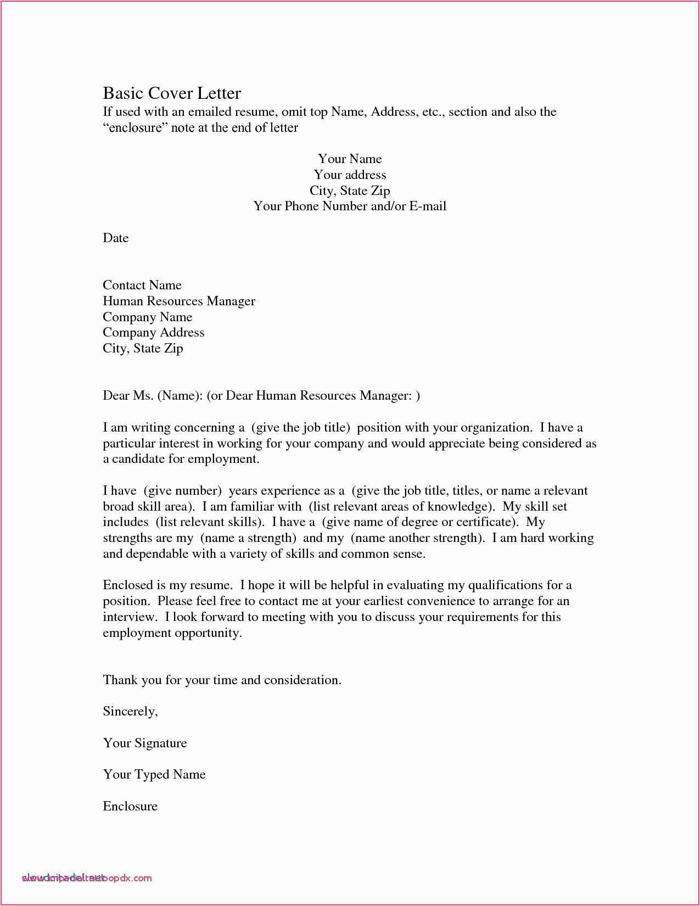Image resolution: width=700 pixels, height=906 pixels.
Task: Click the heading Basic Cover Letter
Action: tap(172, 93)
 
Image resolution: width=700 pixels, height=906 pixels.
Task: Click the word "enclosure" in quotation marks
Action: tap(135, 128)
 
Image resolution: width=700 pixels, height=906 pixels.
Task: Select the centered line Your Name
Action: tap(350, 159)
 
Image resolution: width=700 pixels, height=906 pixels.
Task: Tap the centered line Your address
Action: tap(350, 175)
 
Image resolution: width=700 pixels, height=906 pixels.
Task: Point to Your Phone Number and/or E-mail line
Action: tap(350, 206)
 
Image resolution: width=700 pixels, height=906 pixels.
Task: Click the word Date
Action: tap(115, 238)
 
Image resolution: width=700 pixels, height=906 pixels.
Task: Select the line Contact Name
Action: tap(142, 286)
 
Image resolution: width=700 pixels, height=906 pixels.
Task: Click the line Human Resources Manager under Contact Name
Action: tap(179, 301)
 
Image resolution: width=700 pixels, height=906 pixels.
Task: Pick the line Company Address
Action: tap(153, 333)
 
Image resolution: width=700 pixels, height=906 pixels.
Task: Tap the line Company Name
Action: tap(147, 317)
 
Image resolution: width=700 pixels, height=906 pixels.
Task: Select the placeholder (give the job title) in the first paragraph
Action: tap(300, 428)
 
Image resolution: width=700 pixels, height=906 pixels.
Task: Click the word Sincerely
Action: tap(130, 712)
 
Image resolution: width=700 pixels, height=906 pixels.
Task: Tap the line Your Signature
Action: tap(145, 743)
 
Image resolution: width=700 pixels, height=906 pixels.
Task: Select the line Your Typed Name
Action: tap(154, 775)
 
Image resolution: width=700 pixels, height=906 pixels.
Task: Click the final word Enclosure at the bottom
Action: tap(130, 807)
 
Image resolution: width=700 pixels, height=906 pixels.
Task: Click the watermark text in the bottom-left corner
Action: tap(87, 878)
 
